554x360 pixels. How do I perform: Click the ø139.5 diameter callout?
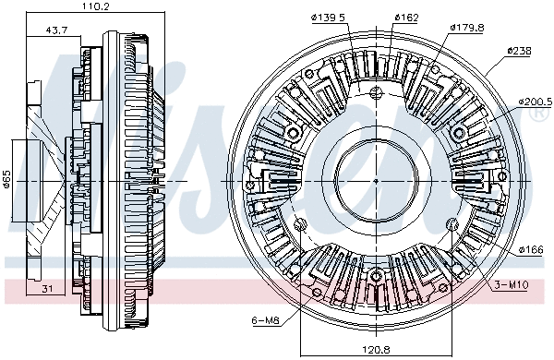(328, 17)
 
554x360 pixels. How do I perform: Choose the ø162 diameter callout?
(407, 17)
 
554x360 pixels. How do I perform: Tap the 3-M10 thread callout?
(511, 284)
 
